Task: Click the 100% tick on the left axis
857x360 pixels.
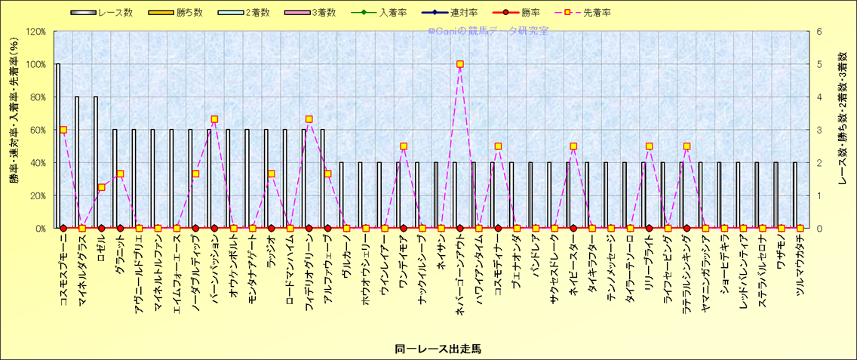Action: point(35,64)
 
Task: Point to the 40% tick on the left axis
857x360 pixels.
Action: point(35,162)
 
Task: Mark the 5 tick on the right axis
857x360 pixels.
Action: point(819,64)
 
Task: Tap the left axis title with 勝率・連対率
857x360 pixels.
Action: point(14,129)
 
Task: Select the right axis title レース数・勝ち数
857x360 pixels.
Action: point(842,129)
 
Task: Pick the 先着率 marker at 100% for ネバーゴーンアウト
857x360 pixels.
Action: point(460,64)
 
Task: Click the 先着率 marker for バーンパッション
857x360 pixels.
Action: point(214,119)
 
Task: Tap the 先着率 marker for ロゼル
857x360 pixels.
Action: point(101,187)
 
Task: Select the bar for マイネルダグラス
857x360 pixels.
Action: point(77,162)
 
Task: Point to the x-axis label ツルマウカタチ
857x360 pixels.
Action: point(800,275)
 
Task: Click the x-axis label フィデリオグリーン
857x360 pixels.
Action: point(309,278)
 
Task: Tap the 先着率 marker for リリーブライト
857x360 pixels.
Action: point(649,146)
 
